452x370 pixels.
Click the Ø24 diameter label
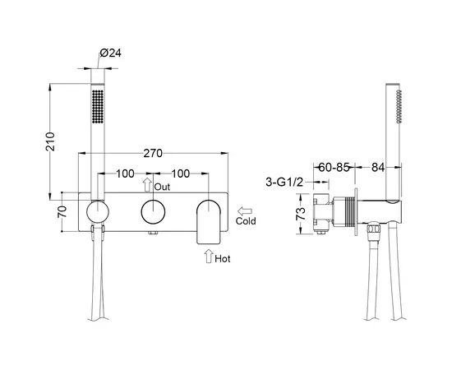coord(111,53)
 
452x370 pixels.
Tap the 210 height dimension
coord(50,141)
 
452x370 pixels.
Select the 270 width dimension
coord(153,153)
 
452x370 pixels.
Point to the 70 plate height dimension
coord(62,212)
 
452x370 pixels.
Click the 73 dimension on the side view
coord(301,214)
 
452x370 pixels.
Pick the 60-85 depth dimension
coord(334,167)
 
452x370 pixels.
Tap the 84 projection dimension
coord(378,167)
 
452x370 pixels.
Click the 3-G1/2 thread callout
coord(284,183)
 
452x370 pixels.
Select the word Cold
coord(246,221)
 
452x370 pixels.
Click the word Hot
coord(223,259)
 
